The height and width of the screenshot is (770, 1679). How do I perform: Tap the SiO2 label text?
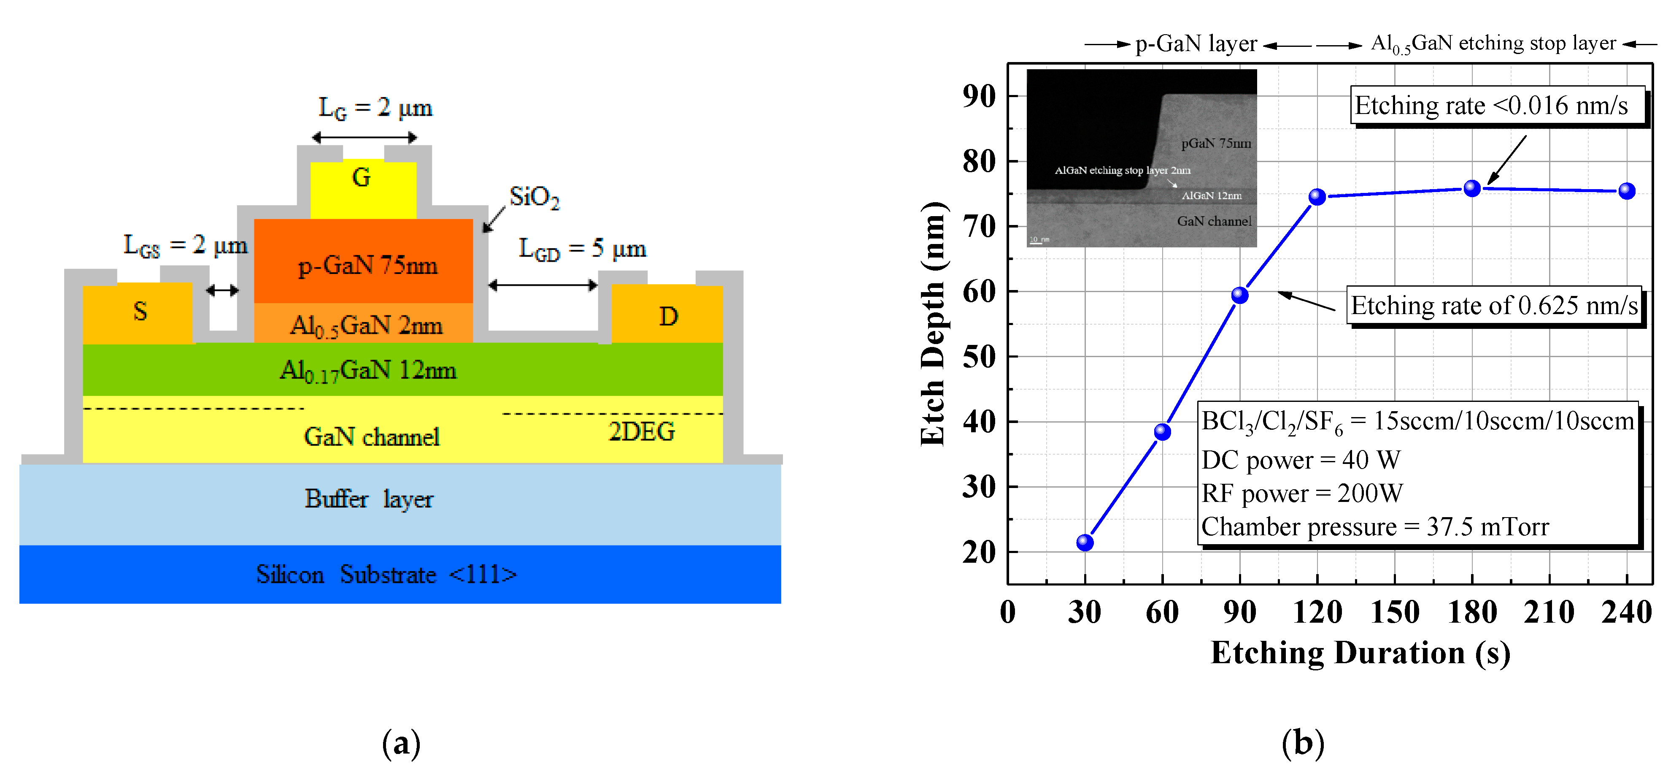(534, 196)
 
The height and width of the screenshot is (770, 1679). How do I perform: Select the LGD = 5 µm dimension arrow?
(542, 285)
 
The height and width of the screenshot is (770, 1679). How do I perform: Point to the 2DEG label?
(641, 431)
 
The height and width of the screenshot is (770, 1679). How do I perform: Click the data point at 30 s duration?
(1085, 542)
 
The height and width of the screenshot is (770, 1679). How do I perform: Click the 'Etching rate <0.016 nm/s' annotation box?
(1496, 105)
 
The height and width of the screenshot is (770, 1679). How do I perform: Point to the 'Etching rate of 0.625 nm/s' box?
(1493, 305)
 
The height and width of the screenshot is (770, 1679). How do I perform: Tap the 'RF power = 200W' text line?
(1301, 493)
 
